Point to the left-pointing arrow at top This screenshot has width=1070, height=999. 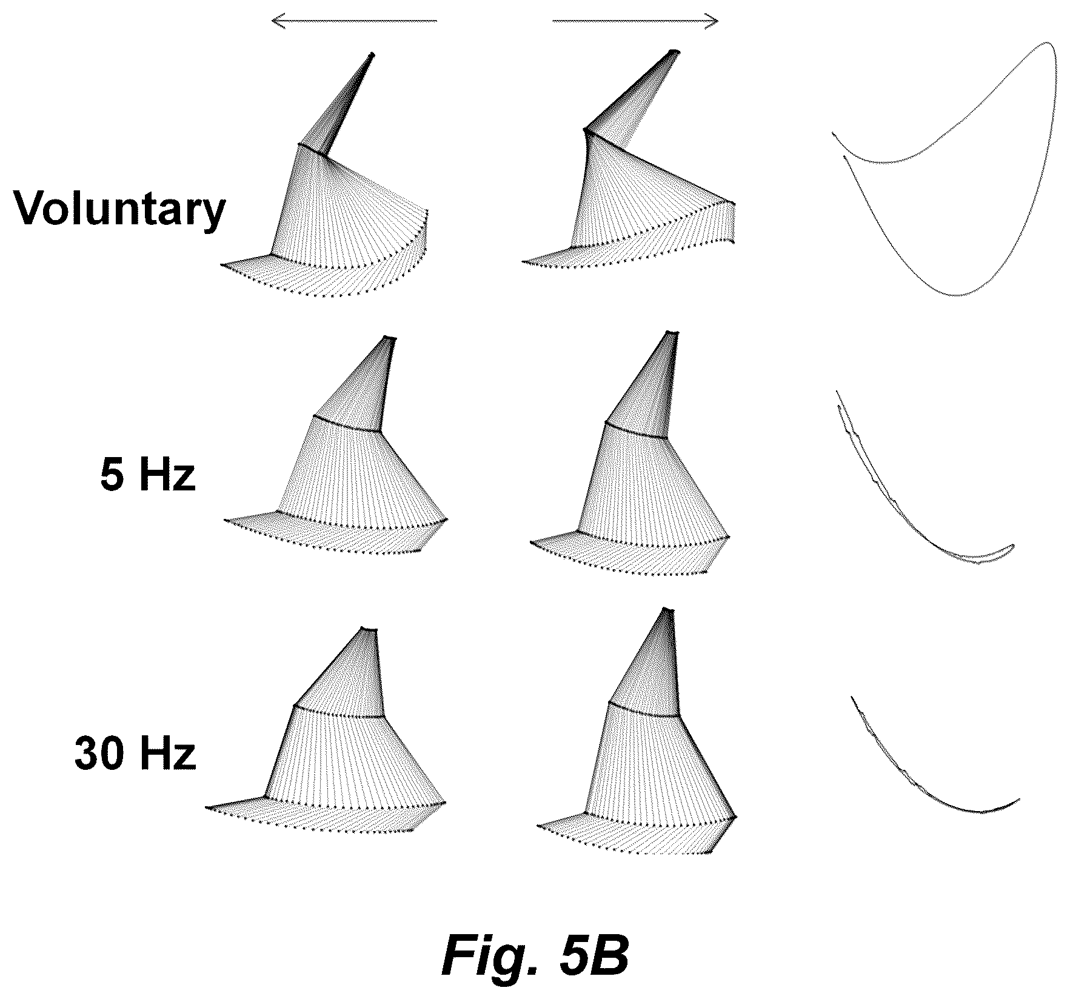tap(354, 22)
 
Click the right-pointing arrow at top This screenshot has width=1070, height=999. tap(635, 22)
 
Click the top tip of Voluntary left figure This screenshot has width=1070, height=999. tap(372, 55)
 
